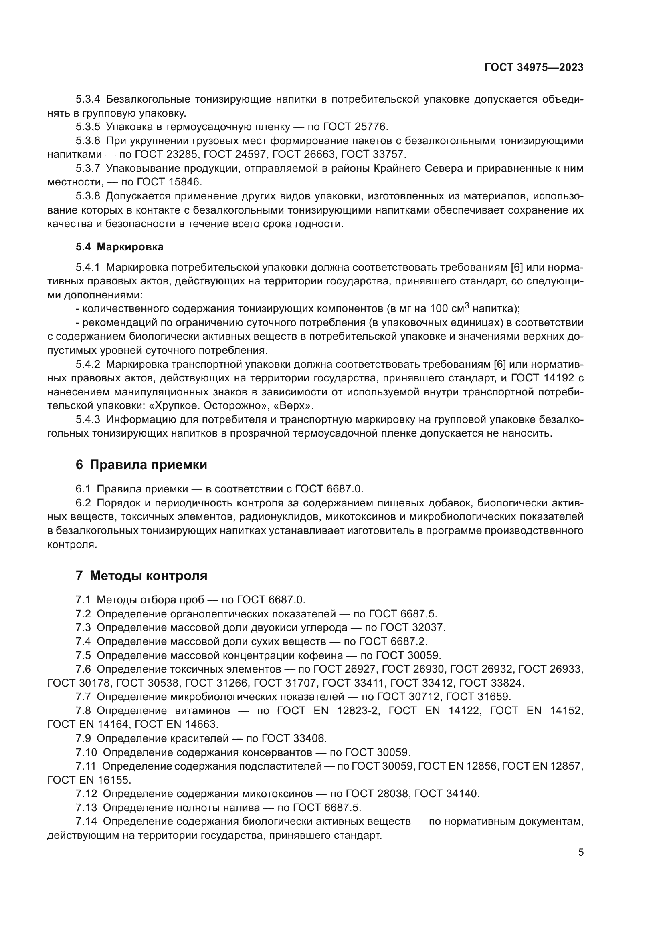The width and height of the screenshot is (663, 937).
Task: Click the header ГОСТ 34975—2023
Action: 534,68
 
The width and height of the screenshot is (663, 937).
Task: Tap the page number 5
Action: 581,852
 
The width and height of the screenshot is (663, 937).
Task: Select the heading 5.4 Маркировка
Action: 119,247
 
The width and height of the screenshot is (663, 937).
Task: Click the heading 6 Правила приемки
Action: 141,465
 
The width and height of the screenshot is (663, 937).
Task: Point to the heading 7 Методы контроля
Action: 141,576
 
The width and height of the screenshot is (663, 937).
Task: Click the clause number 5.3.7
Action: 88,168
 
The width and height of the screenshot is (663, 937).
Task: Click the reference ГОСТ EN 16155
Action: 89,780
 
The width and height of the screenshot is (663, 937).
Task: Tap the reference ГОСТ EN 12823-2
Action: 328,711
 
